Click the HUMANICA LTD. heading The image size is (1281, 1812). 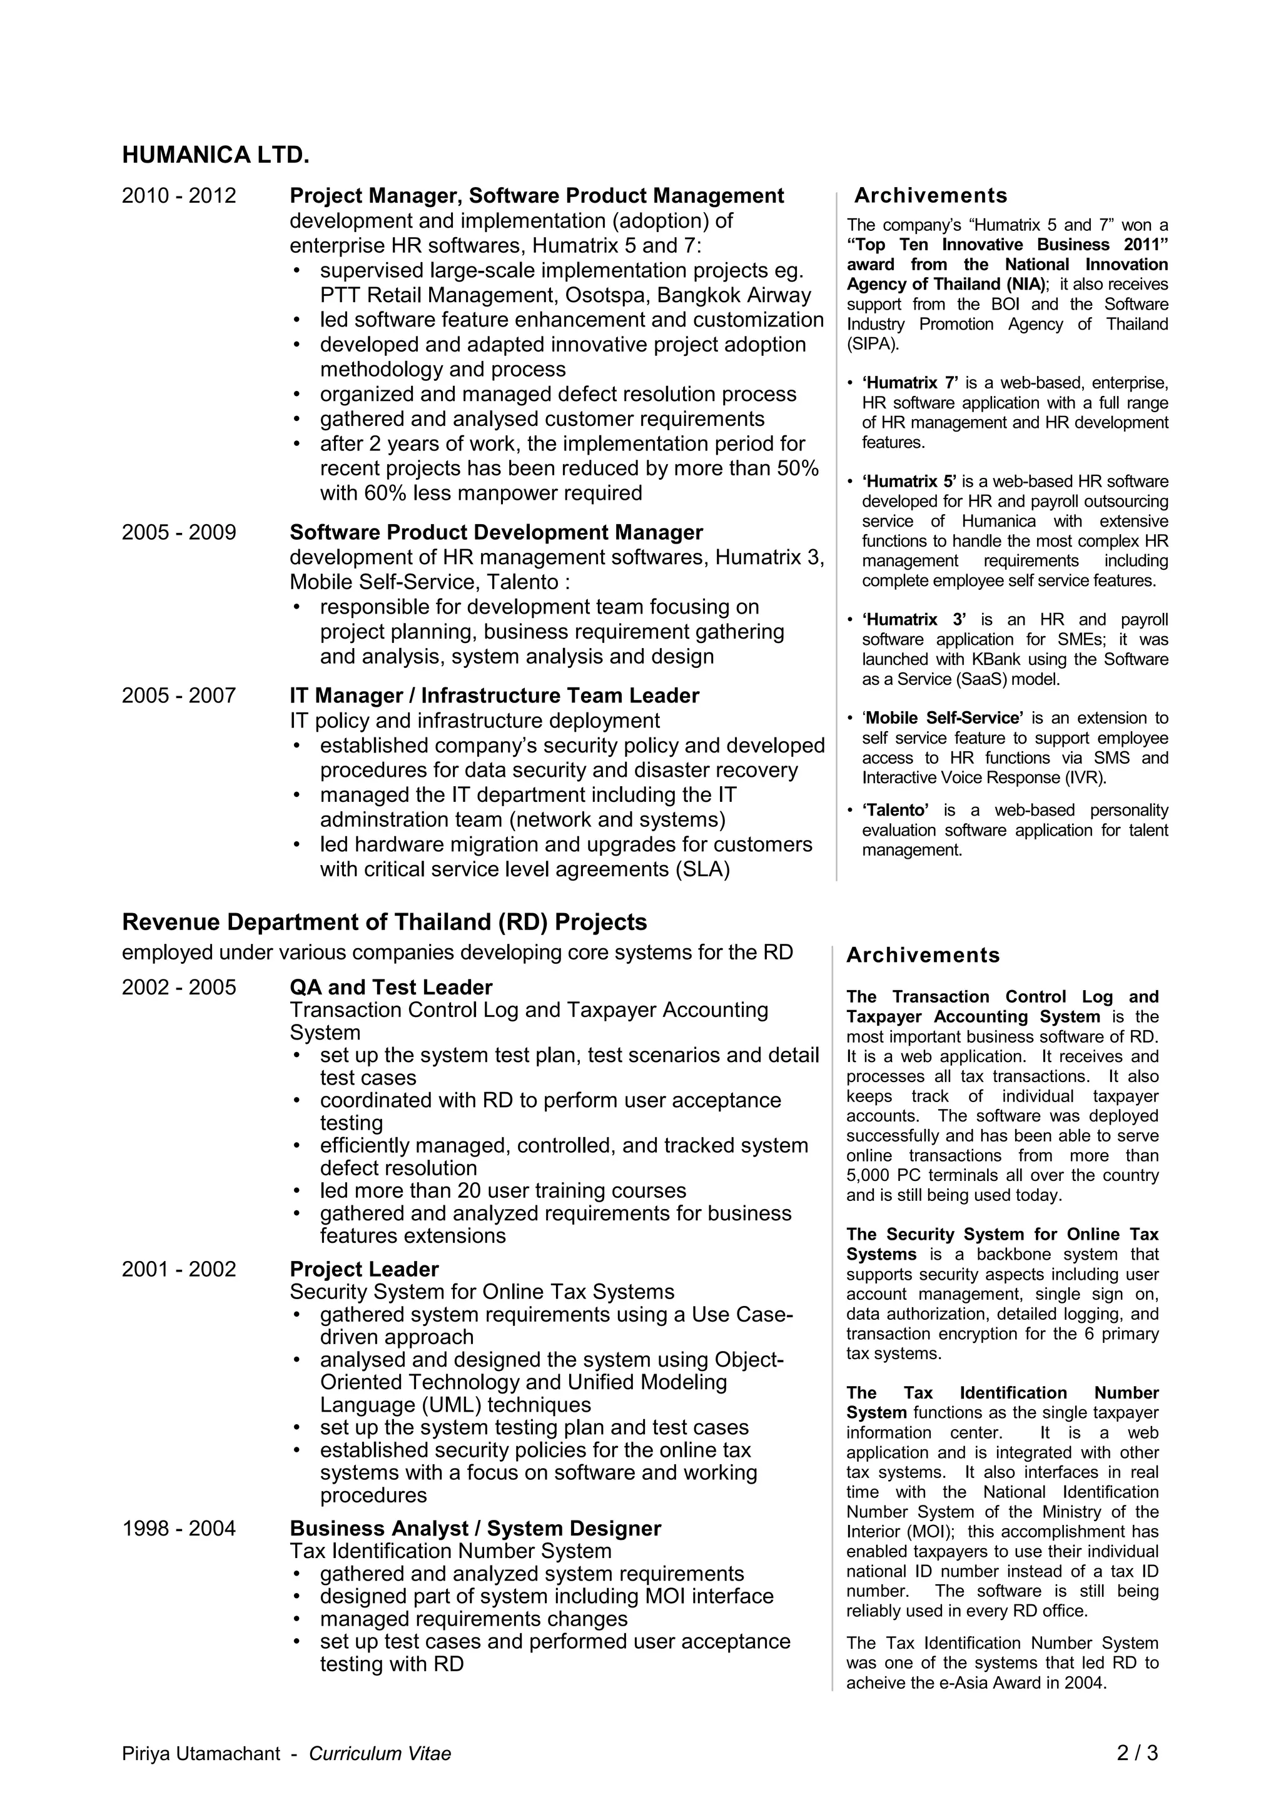tap(215, 156)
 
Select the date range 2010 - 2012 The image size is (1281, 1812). tap(178, 196)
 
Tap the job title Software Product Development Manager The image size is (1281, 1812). tap(495, 533)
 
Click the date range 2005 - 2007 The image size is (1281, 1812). tap(178, 696)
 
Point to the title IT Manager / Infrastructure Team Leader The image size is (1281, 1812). tap(494, 696)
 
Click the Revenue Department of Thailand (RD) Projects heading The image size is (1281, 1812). tap(385, 922)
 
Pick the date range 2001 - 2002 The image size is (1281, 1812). tap(178, 1269)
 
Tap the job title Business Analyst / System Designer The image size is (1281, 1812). tap(475, 1529)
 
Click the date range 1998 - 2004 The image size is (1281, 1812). tap(178, 1529)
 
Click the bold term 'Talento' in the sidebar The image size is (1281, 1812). tap(895, 811)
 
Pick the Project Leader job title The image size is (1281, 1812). tap(364, 1269)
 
